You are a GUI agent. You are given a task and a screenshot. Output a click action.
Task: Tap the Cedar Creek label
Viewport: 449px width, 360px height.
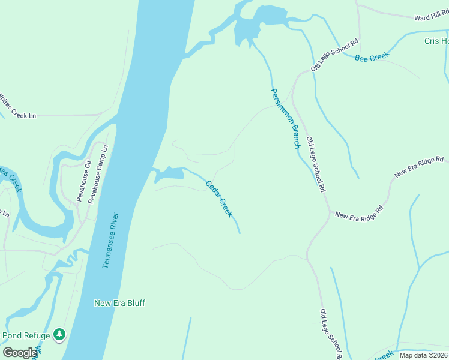coord(219,199)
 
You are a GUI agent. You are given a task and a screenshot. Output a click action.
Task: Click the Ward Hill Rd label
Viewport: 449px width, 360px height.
coord(431,16)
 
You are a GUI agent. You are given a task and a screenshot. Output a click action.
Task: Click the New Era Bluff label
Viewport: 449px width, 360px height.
coord(119,303)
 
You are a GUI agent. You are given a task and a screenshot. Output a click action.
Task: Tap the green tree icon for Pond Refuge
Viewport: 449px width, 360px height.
coord(59,334)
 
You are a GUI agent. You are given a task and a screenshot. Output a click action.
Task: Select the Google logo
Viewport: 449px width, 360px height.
coord(19,353)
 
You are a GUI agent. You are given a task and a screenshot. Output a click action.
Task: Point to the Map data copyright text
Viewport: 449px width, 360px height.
coord(423,355)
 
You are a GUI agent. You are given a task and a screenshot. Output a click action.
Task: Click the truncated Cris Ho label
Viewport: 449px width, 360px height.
coord(436,41)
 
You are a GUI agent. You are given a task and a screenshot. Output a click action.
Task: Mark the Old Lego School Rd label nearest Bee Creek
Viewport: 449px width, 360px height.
coord(335,55)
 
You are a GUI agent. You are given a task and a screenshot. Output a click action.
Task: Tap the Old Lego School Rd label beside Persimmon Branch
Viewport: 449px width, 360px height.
coord(316,164)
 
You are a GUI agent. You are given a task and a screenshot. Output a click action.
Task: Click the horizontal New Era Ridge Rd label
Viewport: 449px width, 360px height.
coord(359,214)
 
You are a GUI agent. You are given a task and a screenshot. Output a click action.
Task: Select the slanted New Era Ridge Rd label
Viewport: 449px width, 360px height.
coord(419,167)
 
